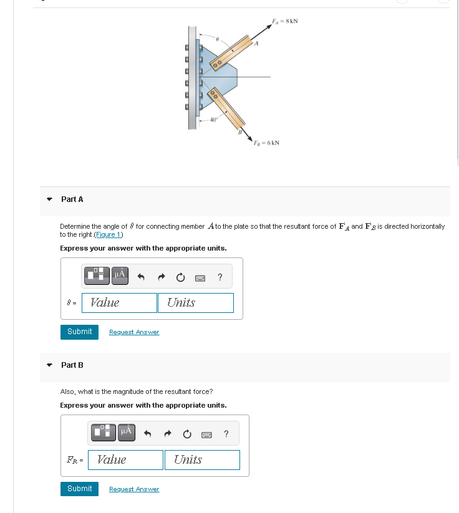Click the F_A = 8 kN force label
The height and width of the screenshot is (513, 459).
pos(285,21)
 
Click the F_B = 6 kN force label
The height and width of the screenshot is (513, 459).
pos(266,143)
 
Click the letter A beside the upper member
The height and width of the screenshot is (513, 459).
pos(256,44)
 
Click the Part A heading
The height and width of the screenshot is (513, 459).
pos(72,199)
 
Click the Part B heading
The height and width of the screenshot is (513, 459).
pos(72,365)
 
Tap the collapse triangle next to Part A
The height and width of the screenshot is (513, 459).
pos(49,199)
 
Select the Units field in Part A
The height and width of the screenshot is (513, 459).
pos(198,302)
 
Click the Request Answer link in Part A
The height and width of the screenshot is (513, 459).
pos(134,332)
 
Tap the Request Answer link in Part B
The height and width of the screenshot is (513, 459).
pos(134,489)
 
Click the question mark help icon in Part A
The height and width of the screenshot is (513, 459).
pos(220,277)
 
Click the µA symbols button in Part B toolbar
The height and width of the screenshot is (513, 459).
pos(126,431)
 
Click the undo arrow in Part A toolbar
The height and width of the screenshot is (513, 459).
pos(142,277)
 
